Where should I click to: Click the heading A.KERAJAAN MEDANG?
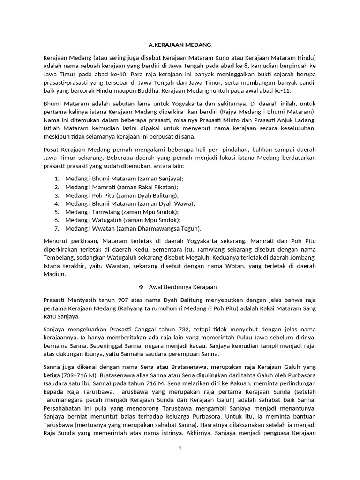(x=180, y=45)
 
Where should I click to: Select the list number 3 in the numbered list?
(x=57, y=195)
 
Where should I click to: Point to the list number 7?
(x=57, y=228)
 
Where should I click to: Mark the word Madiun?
(x=54, y=275)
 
